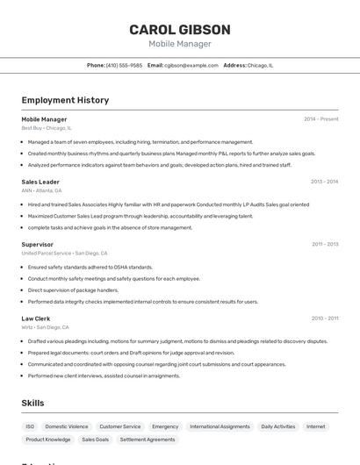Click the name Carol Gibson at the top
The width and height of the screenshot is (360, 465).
[x=180, y=30]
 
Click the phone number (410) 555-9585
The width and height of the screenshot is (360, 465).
[x=124, y=65]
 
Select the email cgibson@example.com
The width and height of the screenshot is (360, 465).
[x=191, y=65]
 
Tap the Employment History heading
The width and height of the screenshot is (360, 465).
[x=65, y=100]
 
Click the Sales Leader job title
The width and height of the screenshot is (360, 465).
[x=40, y=182]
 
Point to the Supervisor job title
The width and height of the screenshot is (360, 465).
[x=38, y=244]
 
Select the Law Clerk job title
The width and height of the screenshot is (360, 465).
[x=36, y=318]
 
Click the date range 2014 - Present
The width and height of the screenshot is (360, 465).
[x=320, y=119]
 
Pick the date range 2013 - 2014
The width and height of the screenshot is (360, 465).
[x=324, y=182]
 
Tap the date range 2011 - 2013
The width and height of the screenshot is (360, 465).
[x=324, y=244]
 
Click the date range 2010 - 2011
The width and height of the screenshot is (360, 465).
[x=324, y=318]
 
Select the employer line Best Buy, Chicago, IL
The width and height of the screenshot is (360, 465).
[x=47, y=128]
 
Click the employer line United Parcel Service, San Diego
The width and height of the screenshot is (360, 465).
[x=66, y=253]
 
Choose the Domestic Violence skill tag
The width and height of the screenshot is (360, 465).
[x=67, y=426]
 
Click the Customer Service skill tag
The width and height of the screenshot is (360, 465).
[x=120, y=426]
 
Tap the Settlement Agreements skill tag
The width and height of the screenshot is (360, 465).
[x=148, y=440]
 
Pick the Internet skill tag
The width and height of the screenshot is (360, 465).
[x=315, y=426]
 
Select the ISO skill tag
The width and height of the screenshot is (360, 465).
[x=30, y=426]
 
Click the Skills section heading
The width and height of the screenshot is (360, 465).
[x=32, y=403]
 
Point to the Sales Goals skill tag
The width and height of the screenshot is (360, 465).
[x=96, y=440]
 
